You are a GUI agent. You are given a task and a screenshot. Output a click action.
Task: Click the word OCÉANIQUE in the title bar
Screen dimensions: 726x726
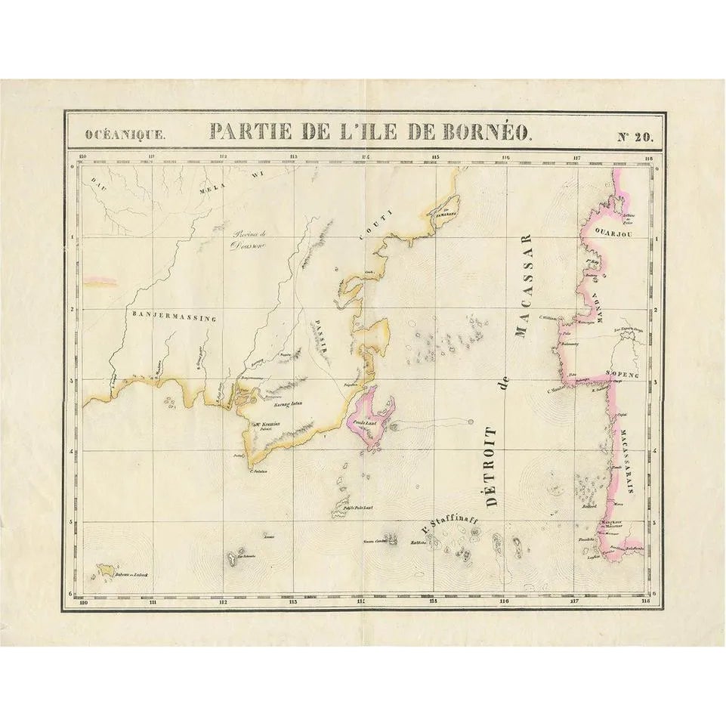coord(123,137)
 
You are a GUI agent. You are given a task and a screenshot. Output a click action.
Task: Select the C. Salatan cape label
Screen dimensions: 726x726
coord(258,471)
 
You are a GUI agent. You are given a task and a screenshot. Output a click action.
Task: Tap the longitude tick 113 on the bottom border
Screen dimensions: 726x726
coord(292,602)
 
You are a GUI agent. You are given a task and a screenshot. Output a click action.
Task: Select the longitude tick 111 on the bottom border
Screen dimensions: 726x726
coord(153,602)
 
